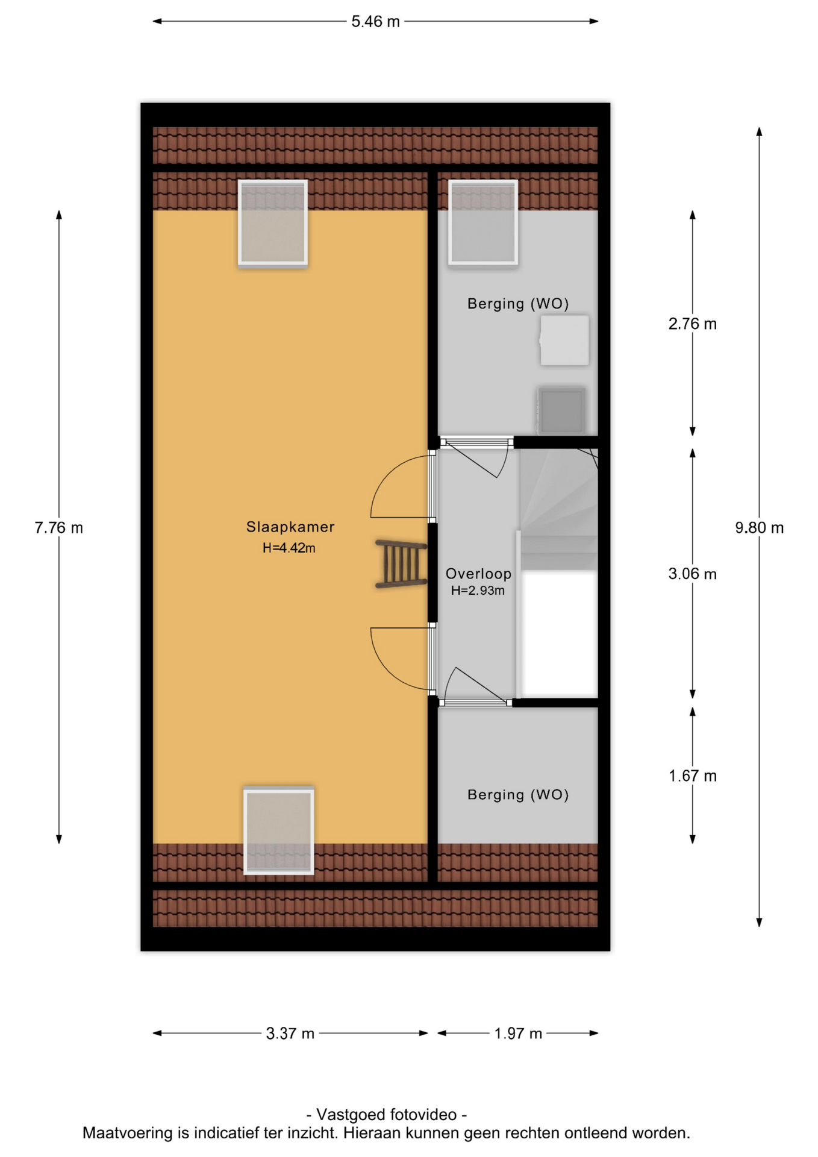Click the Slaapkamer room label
290,527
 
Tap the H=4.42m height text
289,548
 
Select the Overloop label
478,574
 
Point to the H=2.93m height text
478,591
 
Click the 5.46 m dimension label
375,22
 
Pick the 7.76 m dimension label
59,528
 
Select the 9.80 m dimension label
759,528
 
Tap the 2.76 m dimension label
692,324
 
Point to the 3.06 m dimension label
692,574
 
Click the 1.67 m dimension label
692,776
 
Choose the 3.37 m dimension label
290,1033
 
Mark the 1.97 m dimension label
518,1033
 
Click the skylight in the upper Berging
483,222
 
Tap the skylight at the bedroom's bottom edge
279,830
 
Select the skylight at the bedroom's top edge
273,223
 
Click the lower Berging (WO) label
518,795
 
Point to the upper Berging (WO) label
518,304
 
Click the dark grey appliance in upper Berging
561,410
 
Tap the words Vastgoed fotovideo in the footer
387,1115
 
